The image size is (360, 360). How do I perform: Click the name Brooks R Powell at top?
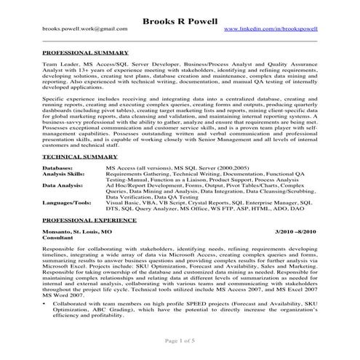tap(180, 17)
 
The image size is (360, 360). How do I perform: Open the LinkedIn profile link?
tap(271, 28)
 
